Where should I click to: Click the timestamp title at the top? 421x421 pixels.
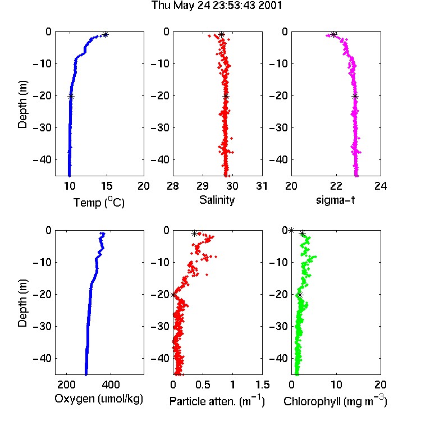point(217,6)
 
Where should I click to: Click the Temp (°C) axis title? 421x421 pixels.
point(99,202)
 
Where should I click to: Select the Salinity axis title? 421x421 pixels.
point(217,200)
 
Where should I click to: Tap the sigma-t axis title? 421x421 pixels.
point(335,200)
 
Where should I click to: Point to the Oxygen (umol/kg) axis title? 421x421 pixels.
point(99,399)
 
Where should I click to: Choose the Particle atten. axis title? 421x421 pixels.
point(217,401)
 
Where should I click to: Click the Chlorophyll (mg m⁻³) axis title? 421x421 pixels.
point(335,401)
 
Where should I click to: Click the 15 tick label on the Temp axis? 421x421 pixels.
point(107,186)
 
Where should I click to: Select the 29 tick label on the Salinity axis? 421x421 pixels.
point(203,186)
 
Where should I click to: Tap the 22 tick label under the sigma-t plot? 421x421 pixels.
point(336,186)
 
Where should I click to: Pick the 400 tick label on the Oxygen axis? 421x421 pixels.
point(111,385)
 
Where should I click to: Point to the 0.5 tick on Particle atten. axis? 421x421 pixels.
point(203,385)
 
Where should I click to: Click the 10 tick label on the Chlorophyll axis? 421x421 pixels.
point(336,385)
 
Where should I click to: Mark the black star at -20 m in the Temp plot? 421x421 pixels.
point(71,97)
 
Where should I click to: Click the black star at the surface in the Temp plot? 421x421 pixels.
point(106,34)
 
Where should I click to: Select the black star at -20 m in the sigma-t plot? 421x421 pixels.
point(355,97)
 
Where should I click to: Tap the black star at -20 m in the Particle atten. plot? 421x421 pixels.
point(173,295)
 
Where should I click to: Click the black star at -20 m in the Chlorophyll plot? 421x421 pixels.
point(300,295)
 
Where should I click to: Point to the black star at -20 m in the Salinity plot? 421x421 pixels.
point(226,97)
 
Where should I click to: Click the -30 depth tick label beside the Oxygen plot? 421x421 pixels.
point(42,327)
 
